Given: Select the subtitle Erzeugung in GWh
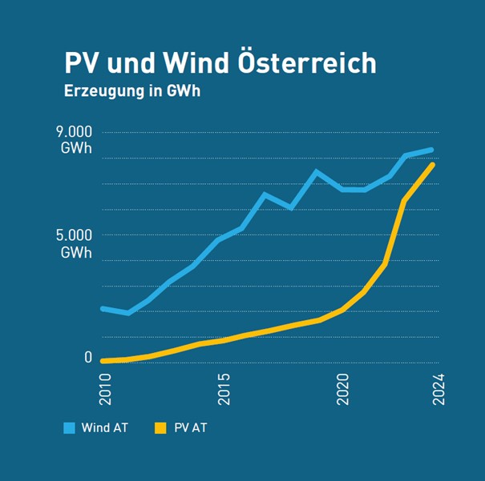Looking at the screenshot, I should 131,90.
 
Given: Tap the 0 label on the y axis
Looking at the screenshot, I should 88,358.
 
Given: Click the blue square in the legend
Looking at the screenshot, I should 69,428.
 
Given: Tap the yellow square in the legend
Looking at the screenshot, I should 159,428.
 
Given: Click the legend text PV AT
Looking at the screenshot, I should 189,428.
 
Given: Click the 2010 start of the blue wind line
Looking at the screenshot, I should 103,308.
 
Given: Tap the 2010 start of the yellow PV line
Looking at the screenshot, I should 103,361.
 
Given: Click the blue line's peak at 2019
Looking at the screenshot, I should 317,171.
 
